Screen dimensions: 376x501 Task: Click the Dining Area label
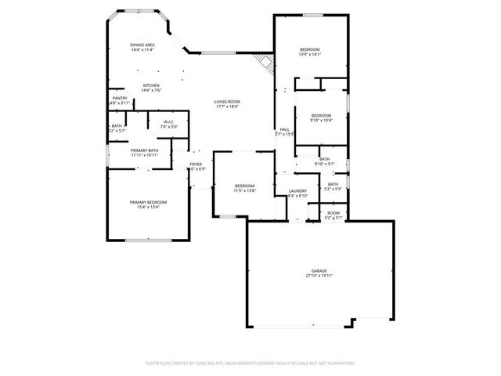click(142, 45)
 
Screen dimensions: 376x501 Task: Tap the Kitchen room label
click(150, 85)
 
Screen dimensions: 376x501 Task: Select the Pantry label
click(120, 98)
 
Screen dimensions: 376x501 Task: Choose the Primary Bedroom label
click(148, 201)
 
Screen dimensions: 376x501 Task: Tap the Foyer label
click(196, 164)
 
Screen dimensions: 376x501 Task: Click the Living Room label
click(227, 102)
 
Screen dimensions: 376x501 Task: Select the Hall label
click(284, 129)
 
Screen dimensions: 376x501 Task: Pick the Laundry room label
click(297, 190)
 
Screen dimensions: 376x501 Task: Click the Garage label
click(319, 271)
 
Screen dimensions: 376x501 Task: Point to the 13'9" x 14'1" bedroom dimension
click(310, 55)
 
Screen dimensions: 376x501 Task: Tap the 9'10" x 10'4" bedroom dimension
click(322, 121)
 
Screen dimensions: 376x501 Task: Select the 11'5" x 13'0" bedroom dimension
click(245, 190)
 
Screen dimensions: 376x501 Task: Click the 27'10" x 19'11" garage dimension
click(319, 276)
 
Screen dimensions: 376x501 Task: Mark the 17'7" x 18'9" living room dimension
click(227, 107)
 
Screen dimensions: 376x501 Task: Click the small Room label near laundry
click(333, 213)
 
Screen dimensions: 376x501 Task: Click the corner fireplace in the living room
click(266, 62)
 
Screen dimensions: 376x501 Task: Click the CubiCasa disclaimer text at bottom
click(250, 363)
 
